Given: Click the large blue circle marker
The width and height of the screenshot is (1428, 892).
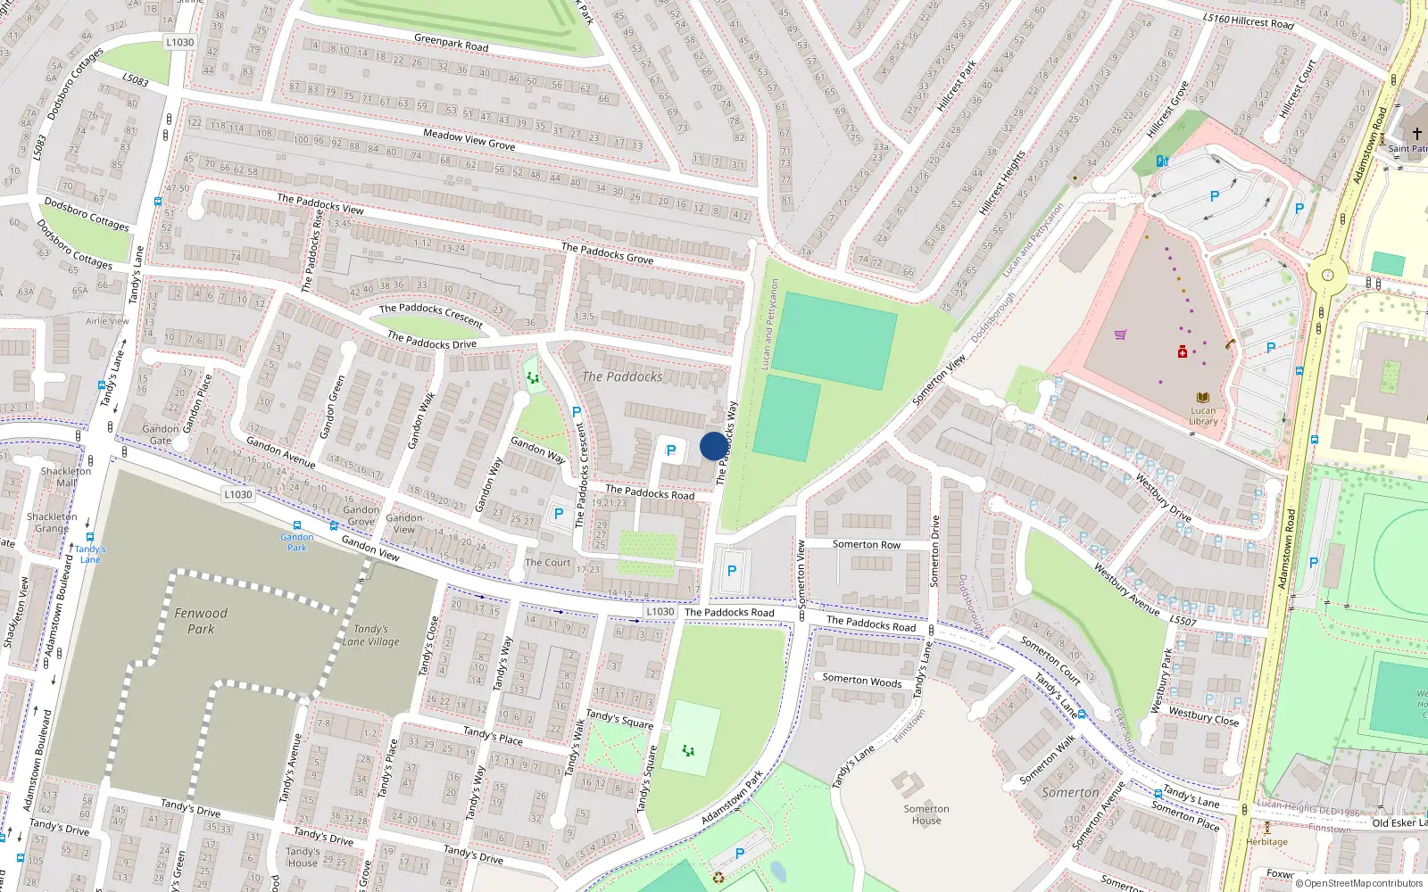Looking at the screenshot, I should [713, 446].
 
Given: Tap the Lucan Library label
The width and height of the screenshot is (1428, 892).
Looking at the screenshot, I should [1203, 416].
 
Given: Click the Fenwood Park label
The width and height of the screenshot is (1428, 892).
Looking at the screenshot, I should [201, 621].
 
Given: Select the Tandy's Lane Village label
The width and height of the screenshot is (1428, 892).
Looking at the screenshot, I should [370, 635].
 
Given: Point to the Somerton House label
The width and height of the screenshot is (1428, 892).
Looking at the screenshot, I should [926, 814].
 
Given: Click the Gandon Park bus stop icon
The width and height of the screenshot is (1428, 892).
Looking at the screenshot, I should [296, 526].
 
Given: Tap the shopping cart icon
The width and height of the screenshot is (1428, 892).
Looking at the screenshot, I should [1120, 334].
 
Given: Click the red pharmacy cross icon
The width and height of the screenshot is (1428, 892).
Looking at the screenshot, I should [1183, 352].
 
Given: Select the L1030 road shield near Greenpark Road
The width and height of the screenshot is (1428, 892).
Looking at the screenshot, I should [180, 42].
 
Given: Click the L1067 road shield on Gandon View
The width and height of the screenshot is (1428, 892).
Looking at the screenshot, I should [237, 494].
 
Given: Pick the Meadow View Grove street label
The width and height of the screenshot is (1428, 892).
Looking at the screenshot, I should [469, 139].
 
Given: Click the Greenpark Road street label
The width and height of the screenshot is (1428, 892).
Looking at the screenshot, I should [451, 42].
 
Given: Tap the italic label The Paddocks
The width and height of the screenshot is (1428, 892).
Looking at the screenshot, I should [622, 376].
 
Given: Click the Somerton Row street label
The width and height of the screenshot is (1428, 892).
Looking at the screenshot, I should [866, 544].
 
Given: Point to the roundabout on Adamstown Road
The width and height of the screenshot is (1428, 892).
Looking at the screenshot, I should [1327, 276].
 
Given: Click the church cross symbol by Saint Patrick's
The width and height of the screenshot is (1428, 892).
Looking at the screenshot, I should [1416, 134].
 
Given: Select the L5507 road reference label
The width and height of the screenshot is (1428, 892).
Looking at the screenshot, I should [1183, 621].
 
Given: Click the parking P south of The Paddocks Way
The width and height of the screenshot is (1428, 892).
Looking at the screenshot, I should [732, 571].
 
